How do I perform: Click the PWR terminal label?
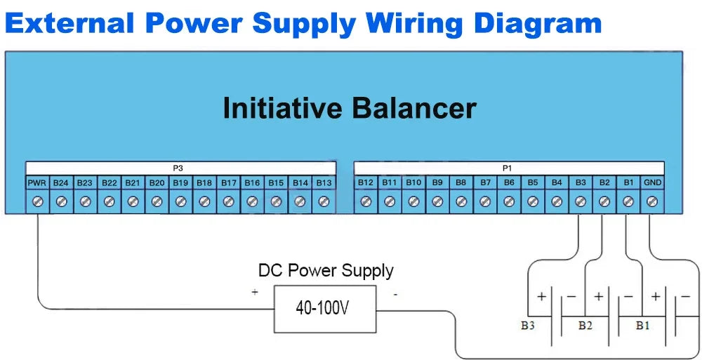(37, 183)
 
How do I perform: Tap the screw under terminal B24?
(61, 201)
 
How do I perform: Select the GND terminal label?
(652, 183)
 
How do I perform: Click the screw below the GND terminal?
(652, 201)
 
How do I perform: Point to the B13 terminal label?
(324, 183)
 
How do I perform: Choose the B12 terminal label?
(366, 183)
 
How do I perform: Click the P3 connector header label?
(178, 168)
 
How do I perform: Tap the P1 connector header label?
(508, 168)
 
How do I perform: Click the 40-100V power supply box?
(325, 309)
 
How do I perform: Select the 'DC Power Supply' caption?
(326, 270)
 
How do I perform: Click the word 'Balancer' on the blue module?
(414, 109)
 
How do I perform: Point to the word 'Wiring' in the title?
(416, 23)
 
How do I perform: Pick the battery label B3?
(529, 326)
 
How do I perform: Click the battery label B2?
(585, 326)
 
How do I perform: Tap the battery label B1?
(642, 326)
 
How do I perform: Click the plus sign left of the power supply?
(254, 292)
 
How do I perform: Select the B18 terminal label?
(204, 183)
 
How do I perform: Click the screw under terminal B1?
(628, 201)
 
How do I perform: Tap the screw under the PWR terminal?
(37, 201)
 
